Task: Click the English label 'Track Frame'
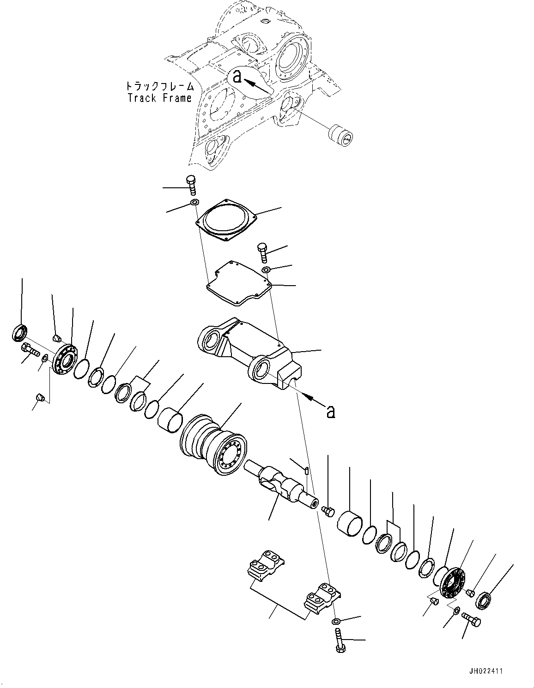point(159,98)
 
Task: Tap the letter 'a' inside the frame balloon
point(237,76)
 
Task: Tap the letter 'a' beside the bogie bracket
point(330,411)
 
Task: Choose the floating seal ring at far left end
point(19,333)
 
